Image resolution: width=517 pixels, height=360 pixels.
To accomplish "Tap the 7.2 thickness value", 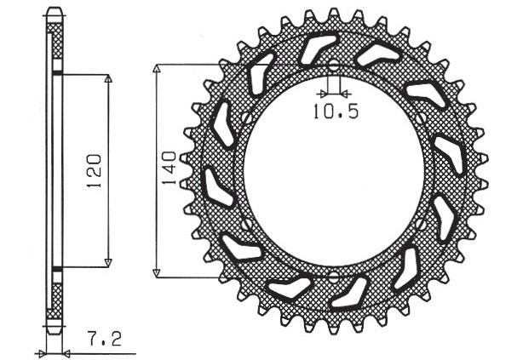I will (x=105, y=339).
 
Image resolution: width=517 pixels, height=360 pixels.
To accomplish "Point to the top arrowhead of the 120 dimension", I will (x=108, y=79).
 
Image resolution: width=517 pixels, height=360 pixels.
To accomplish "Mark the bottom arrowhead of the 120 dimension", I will (x=108, y=262).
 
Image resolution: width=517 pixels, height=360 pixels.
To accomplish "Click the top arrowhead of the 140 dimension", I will (x=157, y=68).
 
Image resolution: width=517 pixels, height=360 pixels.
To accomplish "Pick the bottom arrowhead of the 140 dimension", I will (x=157, y=272).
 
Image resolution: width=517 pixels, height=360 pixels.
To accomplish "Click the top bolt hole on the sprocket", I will (x=333, y=65).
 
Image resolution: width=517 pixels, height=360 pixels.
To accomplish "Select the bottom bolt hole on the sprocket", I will (x=333, y=276).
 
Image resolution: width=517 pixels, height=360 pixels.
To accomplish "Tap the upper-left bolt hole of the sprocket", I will (x=245, y=117).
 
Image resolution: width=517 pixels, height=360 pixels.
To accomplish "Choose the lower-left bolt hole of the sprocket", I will (x=245, y=224).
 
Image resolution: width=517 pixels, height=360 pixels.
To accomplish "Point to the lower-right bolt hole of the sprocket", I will (x=422, y=223).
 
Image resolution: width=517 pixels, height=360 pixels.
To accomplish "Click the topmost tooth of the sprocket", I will (x=333, y=14).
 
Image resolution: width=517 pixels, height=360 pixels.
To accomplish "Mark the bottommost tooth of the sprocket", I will (x=333, y=327).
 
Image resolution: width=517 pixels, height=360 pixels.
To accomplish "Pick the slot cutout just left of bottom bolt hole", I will (x=288, y=288).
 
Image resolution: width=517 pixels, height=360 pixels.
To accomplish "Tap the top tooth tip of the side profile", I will (x=54, y=12).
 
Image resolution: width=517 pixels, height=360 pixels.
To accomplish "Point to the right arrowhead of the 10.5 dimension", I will (x=342, y=92).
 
